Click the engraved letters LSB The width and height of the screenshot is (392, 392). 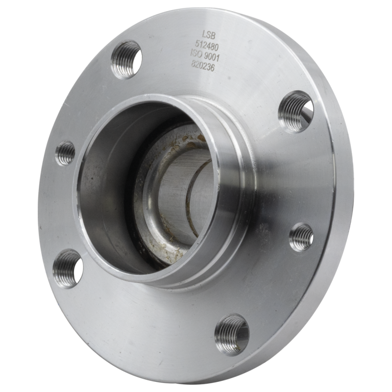pos(208,35)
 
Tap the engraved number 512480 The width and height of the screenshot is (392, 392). pos(207,46)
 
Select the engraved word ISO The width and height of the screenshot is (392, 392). pos(196,54)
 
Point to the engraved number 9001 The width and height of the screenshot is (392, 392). pos(211,58)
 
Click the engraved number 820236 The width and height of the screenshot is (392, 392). pos(203,66)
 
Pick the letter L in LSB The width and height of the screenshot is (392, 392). pos(204,35)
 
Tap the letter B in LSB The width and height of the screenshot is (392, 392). pos(213,36)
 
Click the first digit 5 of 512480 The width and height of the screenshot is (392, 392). pos(197,45)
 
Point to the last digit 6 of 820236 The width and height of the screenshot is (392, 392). pos(212,68)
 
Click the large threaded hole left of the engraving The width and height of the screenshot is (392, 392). pos(126,60)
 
